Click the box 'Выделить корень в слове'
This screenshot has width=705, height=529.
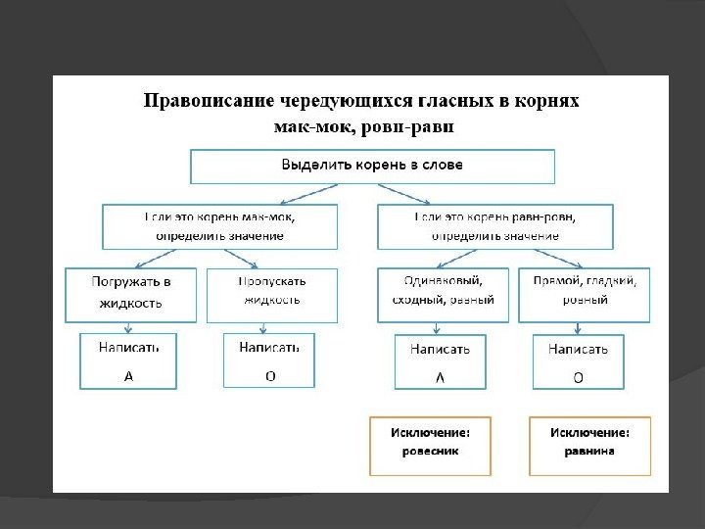372,166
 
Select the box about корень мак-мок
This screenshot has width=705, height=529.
220,226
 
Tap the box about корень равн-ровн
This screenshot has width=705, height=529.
495,226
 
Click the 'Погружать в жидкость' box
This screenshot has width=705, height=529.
131,294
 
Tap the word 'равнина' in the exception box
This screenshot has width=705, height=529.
589,453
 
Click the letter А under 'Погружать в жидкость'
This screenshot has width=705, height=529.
128,375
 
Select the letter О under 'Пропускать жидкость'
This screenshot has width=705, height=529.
270,375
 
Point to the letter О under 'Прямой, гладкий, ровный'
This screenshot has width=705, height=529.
578,377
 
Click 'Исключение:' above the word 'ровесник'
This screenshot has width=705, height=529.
431,432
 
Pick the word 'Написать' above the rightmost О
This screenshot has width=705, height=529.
578,348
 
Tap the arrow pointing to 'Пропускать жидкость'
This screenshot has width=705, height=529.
245,259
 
